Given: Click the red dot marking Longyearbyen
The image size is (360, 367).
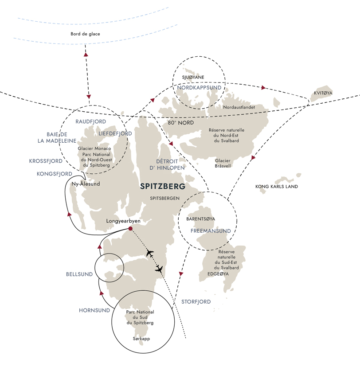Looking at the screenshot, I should [x=130, y=229].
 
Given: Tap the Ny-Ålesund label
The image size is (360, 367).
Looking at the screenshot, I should [x=86, y=183].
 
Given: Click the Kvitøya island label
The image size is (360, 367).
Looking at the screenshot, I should [x=322, y=93].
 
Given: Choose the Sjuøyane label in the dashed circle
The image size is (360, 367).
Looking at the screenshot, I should [x=193, y=78].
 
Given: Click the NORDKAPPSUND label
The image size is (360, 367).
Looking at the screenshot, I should [x=199, y=88].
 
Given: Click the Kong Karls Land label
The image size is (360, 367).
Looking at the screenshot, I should [x=277, y=187].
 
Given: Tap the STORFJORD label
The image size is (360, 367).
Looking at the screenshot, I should [x=196, y=302].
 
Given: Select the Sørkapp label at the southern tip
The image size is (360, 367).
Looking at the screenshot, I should [x=140, y=338].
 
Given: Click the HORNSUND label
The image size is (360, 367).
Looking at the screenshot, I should [x=94, y=310].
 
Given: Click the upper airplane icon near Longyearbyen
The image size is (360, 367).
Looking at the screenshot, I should [x=149, y=254].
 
